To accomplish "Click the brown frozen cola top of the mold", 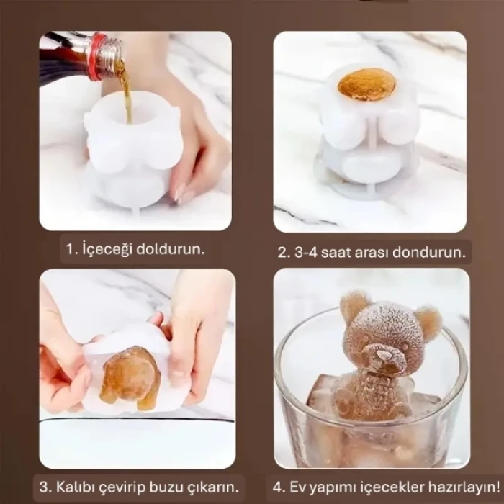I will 366,84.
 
